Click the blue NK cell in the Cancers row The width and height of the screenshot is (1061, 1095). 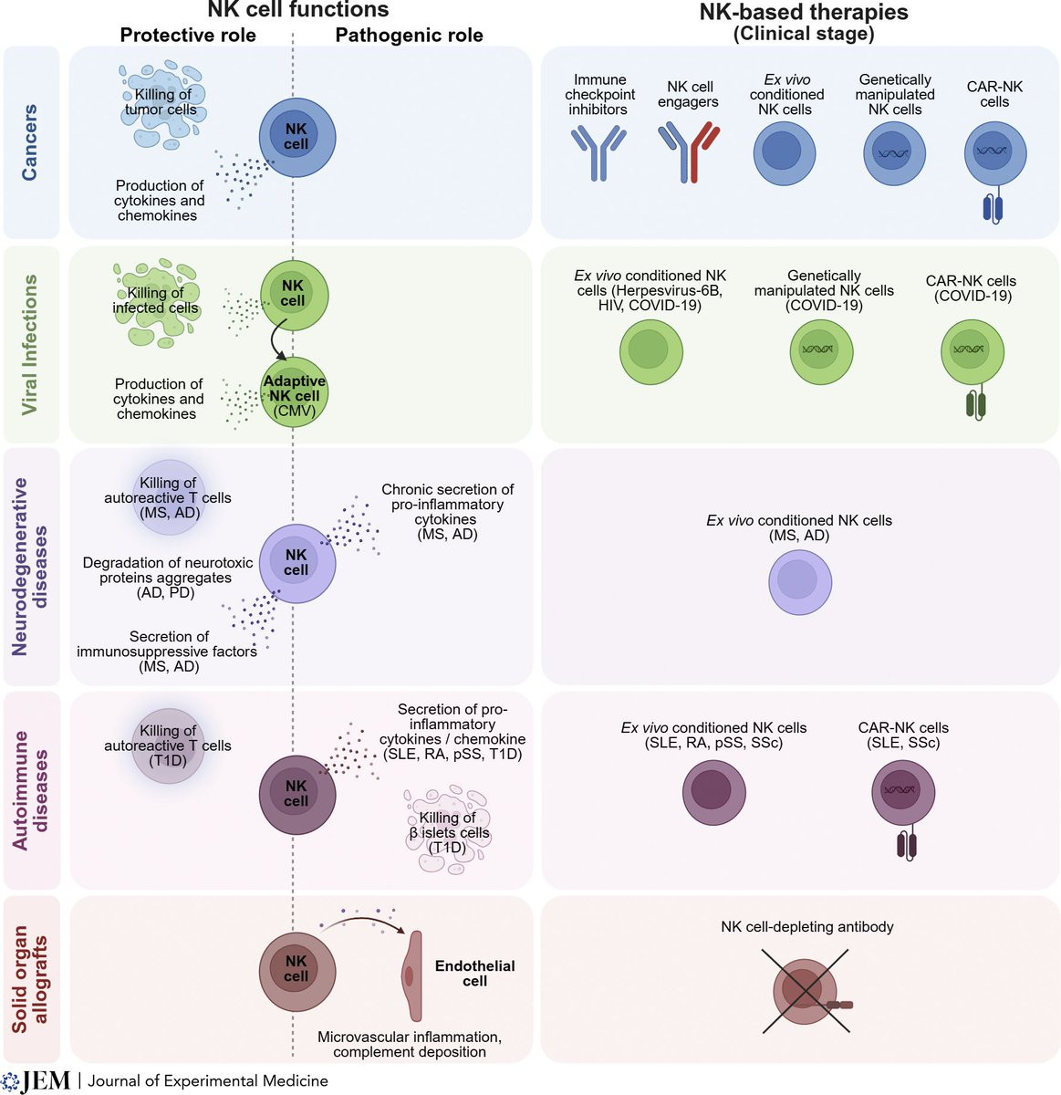[296, 137]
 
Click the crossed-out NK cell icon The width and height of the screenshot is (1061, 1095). [806, 990]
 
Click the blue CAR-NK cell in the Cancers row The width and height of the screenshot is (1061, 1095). [994, 155]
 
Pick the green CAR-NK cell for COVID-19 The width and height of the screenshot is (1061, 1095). [973, 351]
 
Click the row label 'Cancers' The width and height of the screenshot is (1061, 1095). [30, 142]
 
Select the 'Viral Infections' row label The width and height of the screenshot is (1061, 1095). [30, 344]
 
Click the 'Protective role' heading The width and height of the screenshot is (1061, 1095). [188, 36]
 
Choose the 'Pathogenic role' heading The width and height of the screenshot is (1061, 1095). [409, 36]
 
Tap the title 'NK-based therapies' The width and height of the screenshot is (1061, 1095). [804, 13]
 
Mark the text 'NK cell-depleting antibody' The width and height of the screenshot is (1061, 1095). [806, 927]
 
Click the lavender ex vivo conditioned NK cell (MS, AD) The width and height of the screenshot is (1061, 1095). [800, 582]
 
